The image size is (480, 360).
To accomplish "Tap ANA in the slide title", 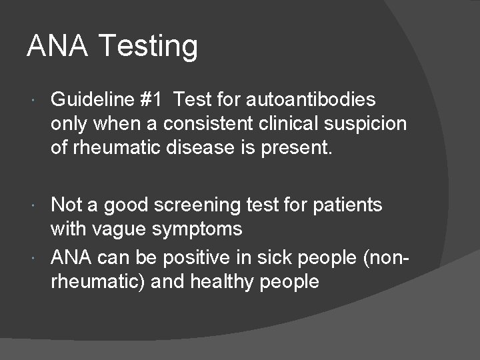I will point(57,45).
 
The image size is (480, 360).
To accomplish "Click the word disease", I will point(199,148).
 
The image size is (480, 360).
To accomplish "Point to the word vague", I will point(127,229).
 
